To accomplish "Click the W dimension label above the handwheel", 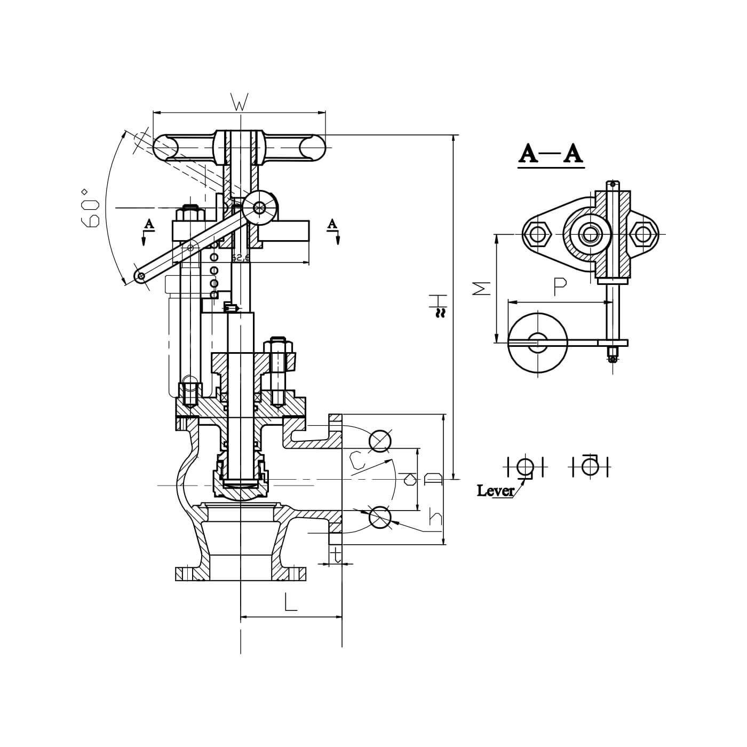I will (240, 102).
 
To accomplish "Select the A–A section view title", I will (551, 154).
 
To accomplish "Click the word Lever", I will (495, 490).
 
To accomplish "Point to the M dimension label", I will (482, 288).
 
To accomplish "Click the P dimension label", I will (560, 287).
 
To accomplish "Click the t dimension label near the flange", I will (336, 555).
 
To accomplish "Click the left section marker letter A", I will (149, 224).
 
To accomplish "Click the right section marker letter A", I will (332, 224).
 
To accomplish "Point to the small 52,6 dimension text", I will (241, 258).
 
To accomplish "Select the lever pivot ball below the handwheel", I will (259, 208).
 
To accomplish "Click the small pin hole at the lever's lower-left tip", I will (141, 276).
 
